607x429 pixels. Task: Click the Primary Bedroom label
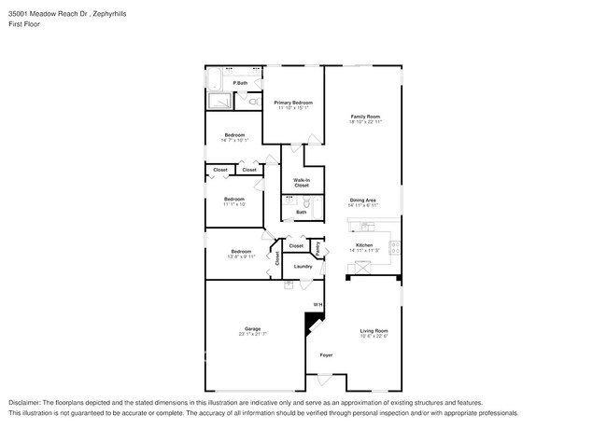pos(293,102)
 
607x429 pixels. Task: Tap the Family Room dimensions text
pos(364,121)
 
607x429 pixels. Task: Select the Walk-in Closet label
pos(302,183)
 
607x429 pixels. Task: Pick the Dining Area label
pos(362,200)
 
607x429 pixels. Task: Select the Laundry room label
pos(303,267)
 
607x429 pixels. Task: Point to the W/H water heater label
pos(317,305)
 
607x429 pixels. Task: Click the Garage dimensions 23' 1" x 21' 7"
pos(252,334)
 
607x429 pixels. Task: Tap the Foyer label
pos(326,355)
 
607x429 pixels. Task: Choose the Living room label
pos(374,330)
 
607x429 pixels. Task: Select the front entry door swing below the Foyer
pos(324,381)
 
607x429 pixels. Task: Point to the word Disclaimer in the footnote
pos(27,403)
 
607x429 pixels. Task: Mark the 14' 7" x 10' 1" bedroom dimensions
pos(234,140)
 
